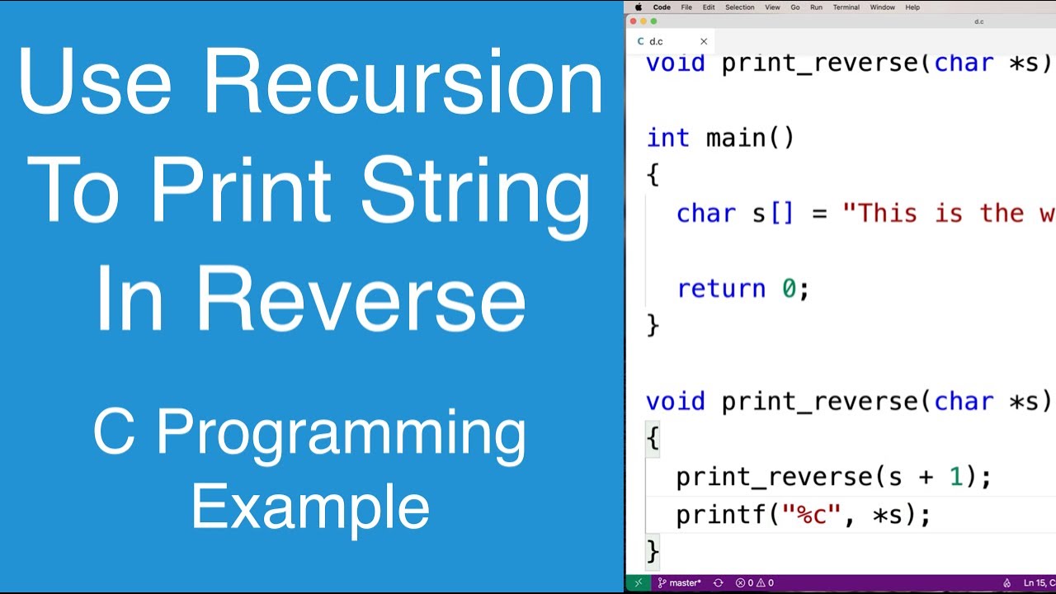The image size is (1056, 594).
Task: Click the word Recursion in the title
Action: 403,82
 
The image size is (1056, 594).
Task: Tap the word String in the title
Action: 475,191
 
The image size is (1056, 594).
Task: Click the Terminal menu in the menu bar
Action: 846,7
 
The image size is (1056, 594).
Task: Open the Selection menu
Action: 739,7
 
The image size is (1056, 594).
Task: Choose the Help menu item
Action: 912,7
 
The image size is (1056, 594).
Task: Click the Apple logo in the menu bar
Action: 638,7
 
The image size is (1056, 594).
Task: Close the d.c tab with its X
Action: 704,41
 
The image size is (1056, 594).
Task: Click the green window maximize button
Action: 654,21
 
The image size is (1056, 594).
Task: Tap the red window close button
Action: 634,21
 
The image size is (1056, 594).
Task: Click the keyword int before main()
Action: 667,138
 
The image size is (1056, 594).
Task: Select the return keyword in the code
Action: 721,289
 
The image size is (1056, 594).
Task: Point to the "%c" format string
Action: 818,516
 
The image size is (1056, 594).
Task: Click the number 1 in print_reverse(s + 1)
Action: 956,477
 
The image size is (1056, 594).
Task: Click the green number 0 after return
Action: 790,289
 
